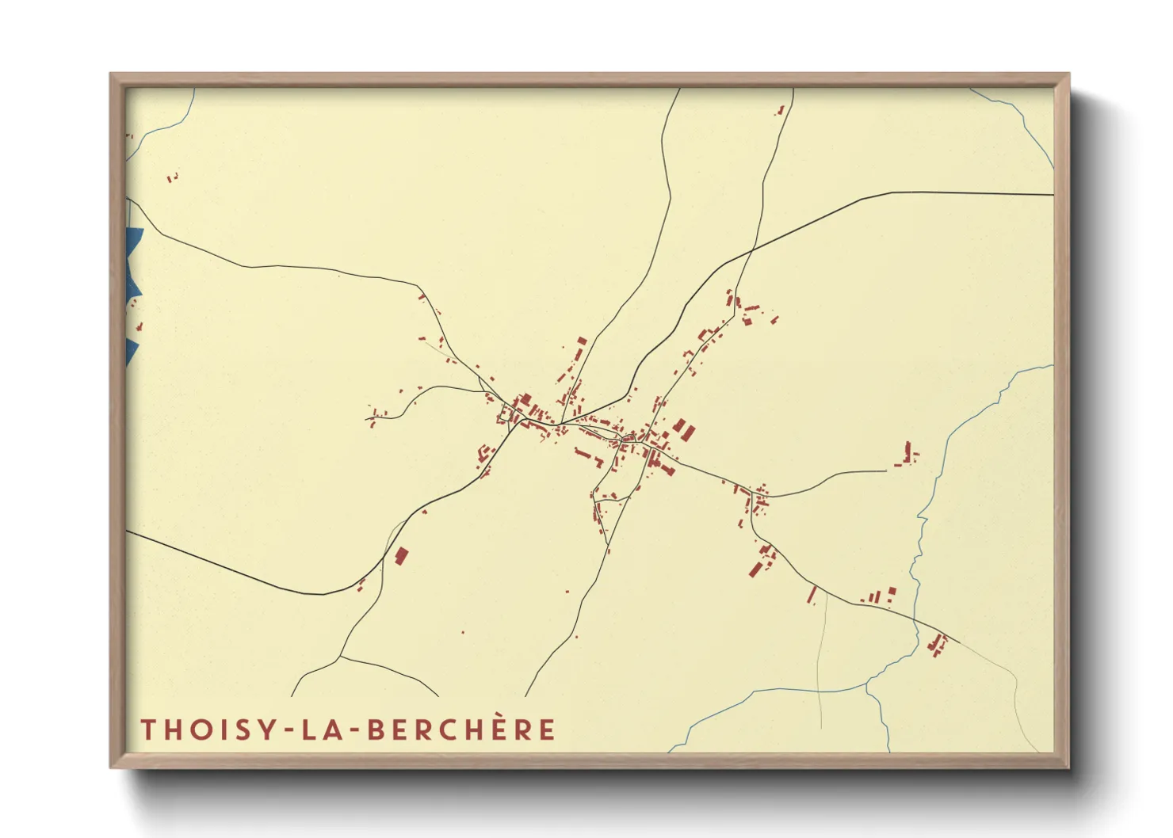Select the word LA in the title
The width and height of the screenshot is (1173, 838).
pos(326,729)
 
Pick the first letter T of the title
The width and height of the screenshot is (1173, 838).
pos(148,729)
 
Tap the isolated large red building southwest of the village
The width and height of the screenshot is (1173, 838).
pos(401,556)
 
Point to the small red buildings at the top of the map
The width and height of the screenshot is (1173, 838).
pos(781,111)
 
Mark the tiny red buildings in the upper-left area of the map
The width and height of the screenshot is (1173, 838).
pos(172,178)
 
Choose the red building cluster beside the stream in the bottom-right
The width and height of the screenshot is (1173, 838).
pos(938,644)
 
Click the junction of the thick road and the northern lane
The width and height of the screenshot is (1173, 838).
pos(751,252)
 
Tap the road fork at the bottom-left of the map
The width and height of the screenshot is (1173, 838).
pos(341,656)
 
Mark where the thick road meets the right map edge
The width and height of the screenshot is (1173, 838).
pos(1053,194)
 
